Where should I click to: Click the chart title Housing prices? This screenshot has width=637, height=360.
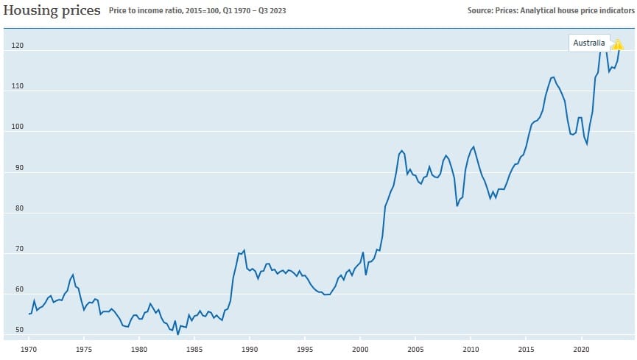coord(52,11)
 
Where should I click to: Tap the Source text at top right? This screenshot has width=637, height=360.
coord(550,11)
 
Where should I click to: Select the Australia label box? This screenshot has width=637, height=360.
coord(589,43)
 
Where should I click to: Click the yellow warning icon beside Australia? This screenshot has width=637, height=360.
coord(618,44)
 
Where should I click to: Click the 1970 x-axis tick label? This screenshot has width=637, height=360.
coord(29,347)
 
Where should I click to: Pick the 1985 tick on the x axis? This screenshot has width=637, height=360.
coord(194,347)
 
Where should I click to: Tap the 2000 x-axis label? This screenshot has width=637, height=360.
coord(360,347)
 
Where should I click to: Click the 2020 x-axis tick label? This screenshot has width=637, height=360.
coord(581,347)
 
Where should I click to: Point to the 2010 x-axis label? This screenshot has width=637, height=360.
coord(471,347)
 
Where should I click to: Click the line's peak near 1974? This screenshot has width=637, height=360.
coord(72,275)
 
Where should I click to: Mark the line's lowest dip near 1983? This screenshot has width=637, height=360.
coord(178,334)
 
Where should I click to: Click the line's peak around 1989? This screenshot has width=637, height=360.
coord(244,250)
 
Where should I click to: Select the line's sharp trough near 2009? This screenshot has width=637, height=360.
coord(457,205)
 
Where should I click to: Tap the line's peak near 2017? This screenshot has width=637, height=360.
coord(552,77)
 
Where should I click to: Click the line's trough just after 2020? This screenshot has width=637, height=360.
coord(587,144)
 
